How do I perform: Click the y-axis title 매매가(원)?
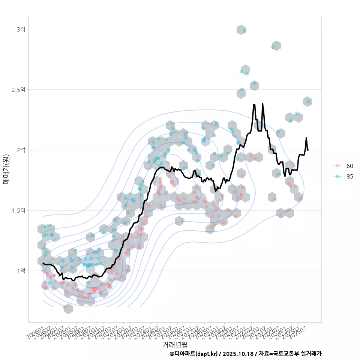tap(6, 169)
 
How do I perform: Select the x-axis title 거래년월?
tap(175, 344)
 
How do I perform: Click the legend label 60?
tap(349, 166)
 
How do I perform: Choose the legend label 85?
tap(349, 177)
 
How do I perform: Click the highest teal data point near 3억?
tap(244, 31)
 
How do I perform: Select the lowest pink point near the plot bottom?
tap(64, 307)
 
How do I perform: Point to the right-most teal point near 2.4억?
tap(309, 101)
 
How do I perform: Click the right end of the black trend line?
tap(308, 150)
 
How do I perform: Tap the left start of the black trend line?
tap(43, 263)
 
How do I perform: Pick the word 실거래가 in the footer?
tap(311, 354)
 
